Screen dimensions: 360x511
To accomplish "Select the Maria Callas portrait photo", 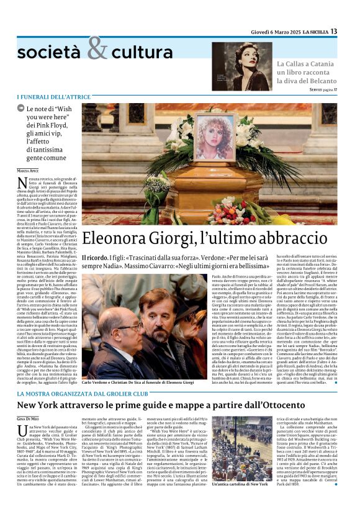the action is (241, 66).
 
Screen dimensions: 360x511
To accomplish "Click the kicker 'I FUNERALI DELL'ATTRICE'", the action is (54, 97).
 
